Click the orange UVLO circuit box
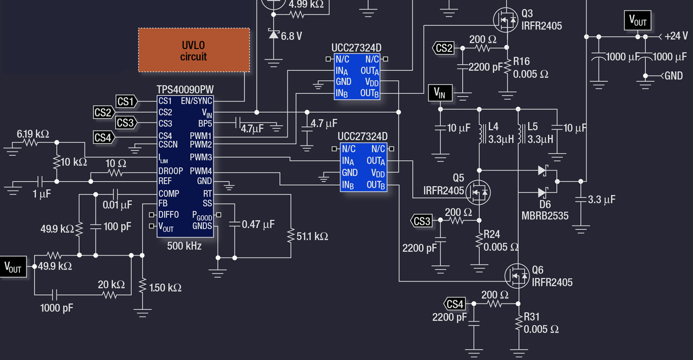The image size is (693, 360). coord(194,50)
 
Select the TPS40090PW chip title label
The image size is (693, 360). coord(185,89)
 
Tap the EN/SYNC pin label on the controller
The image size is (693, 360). coord(196,101)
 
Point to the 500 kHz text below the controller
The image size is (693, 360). coord(184,246)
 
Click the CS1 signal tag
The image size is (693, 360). coord(126,101)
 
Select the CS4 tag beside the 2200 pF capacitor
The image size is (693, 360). coord(455,304)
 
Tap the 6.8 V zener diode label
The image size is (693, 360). coord(291,36)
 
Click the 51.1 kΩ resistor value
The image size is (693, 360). coord(312,237)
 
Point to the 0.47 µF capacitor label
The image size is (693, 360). coord(258,225)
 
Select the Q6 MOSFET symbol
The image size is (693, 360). coord(517,276)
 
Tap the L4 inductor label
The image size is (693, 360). coord(493,127)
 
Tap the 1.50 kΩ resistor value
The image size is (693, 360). coord(165,287)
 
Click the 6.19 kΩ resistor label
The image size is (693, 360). coord(33,134)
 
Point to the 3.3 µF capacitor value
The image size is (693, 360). coord(602,200)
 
